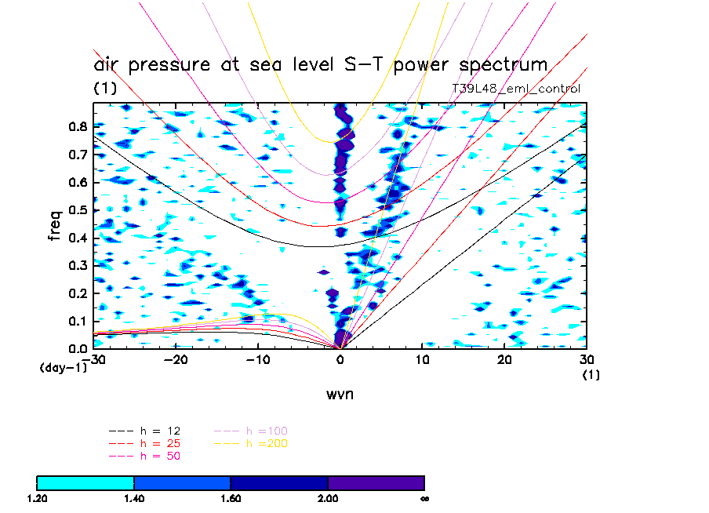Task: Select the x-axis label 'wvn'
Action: [x=340, y=394]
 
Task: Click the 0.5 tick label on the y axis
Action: [x=78, y=210]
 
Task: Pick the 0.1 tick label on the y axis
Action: [x=78, y=321]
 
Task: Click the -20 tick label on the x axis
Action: [x=176, y=359]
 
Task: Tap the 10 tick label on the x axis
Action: [x=422, y=359]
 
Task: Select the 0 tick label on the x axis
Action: [x=340, y=359]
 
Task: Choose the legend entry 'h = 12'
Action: [x=157, y=431]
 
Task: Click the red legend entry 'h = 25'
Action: [x=157, y=444]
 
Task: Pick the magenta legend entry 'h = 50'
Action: [x=157, y=457]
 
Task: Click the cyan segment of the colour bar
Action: [x=85, y=482]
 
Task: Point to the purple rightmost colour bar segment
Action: [x=376, y=482]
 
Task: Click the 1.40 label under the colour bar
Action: [x=134, y=498]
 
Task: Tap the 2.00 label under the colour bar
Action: [x=328, y=498]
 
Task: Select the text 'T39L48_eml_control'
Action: [x=515, y=89]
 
